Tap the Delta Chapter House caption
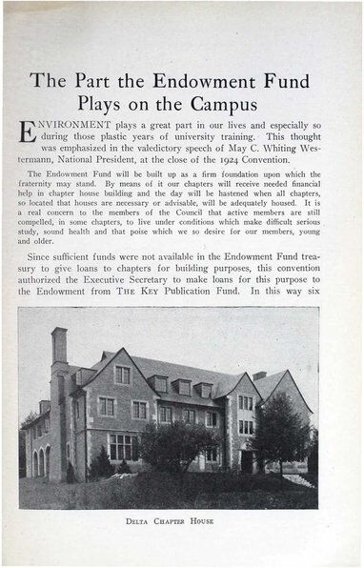(170, 521)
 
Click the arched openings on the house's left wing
(40, 462)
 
